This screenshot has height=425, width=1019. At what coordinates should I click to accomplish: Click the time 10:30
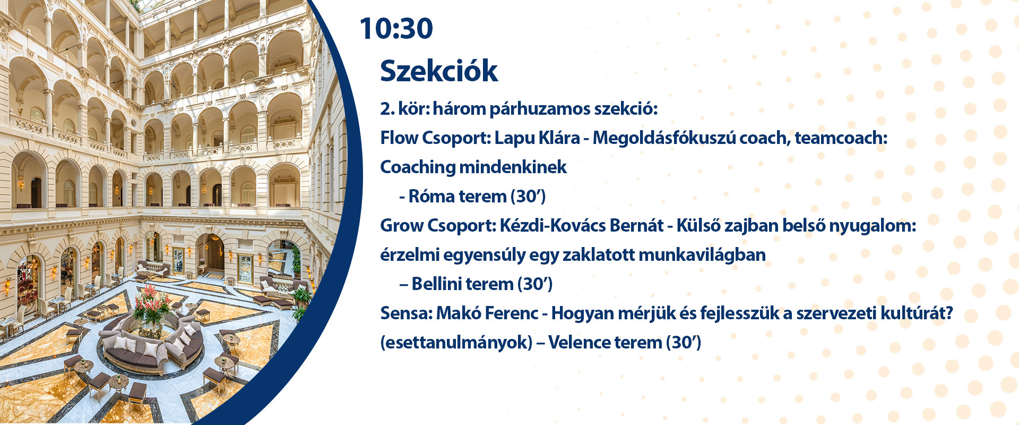(396, 28)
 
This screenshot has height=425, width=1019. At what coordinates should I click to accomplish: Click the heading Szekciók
(439, 70)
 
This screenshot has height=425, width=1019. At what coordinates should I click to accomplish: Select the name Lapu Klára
(537, 138)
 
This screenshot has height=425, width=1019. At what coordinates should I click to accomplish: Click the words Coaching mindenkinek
(473, 167)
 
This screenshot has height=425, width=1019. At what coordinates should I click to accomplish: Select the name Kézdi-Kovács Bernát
(581, 226)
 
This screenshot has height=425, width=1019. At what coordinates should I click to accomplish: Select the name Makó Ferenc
(487, 313)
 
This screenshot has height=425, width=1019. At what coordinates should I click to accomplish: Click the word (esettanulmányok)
(456, 343)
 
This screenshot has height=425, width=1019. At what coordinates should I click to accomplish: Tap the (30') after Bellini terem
(534, 284)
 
